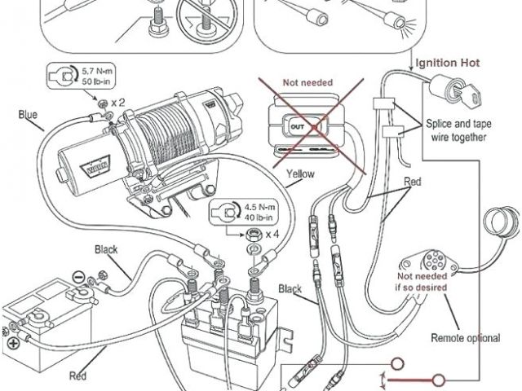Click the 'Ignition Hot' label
tap(448, 63)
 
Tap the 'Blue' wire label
tap(27, 115)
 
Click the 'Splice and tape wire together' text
tap(457, 130)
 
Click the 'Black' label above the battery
tap(108, 248)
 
